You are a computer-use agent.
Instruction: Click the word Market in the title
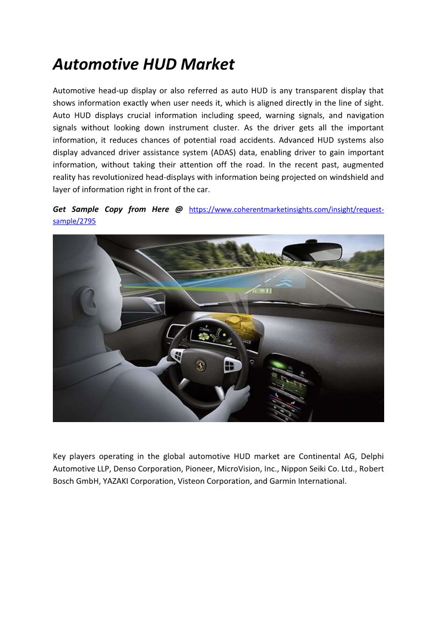coord(207,64)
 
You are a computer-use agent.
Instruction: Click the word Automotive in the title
coord(96,64)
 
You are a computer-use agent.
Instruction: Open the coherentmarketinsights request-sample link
coord(286,210)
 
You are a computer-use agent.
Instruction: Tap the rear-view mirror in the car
coord(312,251)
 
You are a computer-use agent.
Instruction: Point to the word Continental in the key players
coord(320,456)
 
